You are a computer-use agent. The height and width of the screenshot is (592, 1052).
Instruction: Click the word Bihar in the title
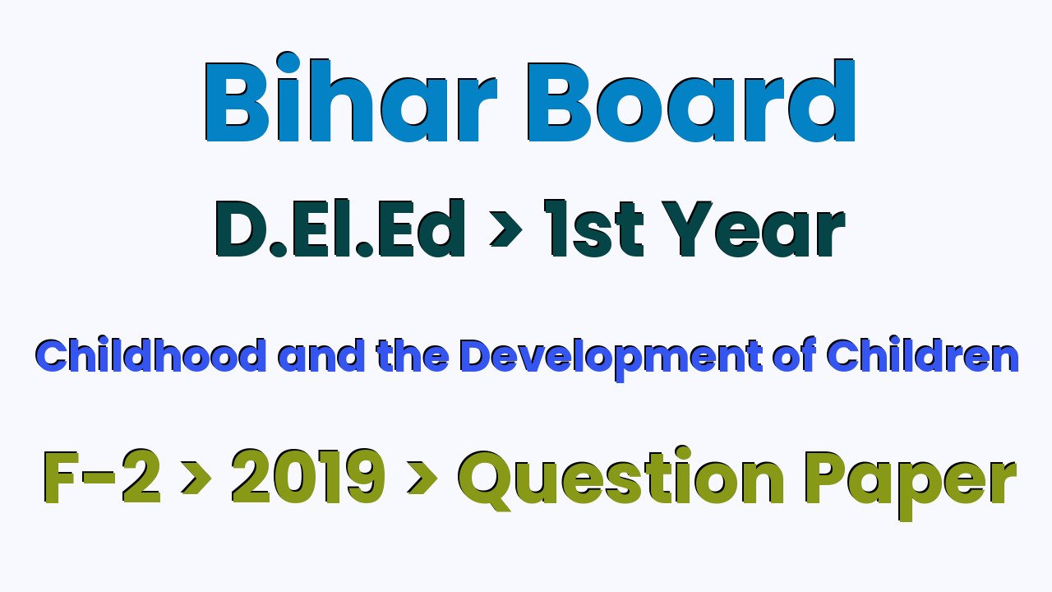[350, 97]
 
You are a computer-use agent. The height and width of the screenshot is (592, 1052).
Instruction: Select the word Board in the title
[691, 100]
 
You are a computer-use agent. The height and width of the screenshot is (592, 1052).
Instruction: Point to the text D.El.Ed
[340, 229]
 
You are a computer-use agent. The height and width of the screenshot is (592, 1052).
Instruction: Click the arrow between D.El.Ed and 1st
[505, 229]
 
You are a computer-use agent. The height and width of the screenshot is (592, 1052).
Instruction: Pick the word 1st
[593, 229]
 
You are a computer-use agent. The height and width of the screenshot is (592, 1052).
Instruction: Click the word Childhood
[150, 354]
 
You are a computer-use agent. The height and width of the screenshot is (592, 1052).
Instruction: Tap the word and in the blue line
[321, 354]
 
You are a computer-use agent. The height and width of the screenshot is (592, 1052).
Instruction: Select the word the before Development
[412, 354]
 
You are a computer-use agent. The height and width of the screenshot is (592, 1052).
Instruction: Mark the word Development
[611, 359]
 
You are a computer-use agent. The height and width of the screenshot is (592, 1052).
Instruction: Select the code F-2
[102, 477]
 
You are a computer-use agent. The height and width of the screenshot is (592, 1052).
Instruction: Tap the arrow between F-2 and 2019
[196, 477]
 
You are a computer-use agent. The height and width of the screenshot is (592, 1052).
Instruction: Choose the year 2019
[308, 477]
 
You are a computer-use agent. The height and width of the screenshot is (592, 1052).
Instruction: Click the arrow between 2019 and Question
[422, 477]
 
